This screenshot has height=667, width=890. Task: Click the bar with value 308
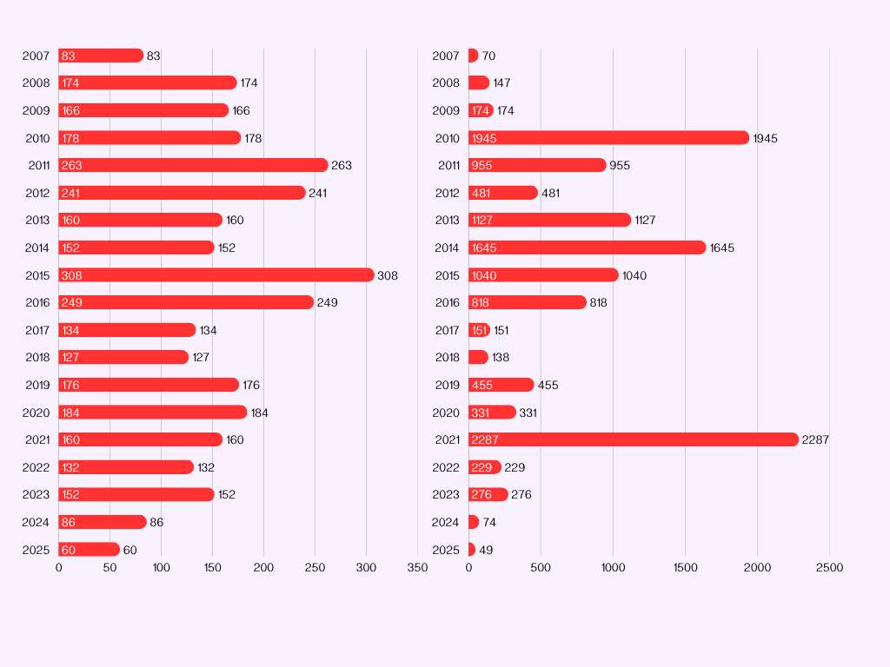(x=216, y=275)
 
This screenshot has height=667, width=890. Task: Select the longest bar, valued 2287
(x=633, y=439)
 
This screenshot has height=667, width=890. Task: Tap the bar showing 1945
(x=608, y=138)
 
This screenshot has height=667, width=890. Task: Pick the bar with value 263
(x=193, y=165)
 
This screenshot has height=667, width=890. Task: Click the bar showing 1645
(x=587, y=248)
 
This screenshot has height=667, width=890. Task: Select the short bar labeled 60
(x=89, y=550)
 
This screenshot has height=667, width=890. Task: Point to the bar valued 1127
(x=549, y=220)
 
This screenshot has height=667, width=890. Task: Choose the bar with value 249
(x=186, y=302)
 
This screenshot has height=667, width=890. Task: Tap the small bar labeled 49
(x=472, y=550)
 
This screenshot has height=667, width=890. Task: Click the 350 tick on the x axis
(x=417, y=568)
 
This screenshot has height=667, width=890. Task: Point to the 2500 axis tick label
(x=829, y=568)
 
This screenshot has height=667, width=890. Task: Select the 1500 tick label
(x=685, y=568)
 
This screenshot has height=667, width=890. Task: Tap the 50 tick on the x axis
(x=110, y=568)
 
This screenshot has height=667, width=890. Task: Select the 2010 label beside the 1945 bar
(x=447, y=138)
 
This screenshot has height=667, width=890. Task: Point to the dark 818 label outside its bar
(x=598, y=302)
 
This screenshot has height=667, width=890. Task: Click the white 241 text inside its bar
(x=71, y=193)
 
